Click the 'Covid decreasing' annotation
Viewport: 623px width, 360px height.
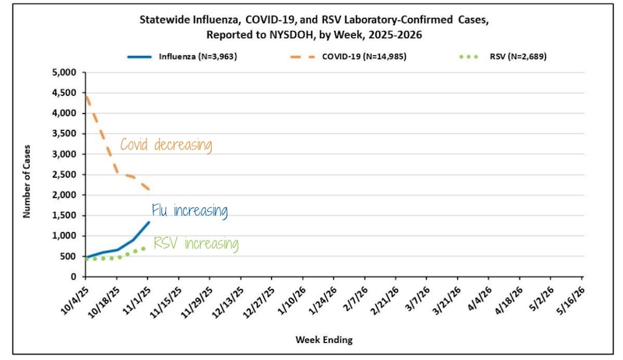tap(165, 145)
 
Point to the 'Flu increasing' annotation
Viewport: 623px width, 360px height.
tap(189, 211)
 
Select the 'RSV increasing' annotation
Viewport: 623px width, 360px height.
tap(195, 244)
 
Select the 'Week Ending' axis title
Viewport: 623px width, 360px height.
tap(323, 340)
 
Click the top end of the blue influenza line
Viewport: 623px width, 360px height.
tap(149, 222)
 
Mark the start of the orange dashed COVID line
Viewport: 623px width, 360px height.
tap(86, 96)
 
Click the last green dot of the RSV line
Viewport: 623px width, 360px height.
tap(143, 249)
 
